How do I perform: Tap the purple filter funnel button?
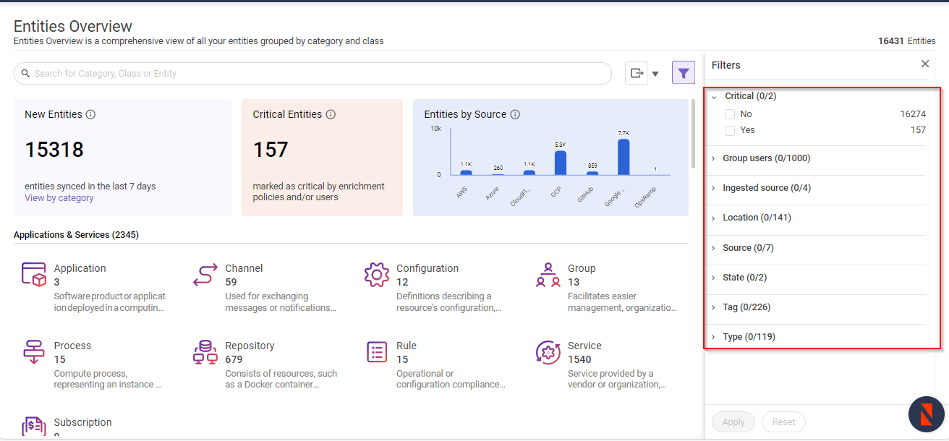684,73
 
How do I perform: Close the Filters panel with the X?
925,64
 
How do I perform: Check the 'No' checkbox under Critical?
730,114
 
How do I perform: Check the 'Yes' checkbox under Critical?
730,130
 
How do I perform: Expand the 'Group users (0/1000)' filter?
766,158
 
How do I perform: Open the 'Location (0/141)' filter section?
757,218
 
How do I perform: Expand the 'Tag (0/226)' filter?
746,307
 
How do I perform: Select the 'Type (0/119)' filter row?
749,337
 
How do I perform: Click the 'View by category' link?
59,198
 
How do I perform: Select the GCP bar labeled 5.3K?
560,162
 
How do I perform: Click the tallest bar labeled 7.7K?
624,156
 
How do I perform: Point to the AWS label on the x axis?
462,193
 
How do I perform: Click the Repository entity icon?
205,352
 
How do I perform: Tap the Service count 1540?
579,359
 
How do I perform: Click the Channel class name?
244,268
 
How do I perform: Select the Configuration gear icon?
377,275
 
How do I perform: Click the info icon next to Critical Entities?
331,114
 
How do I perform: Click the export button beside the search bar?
637,73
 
